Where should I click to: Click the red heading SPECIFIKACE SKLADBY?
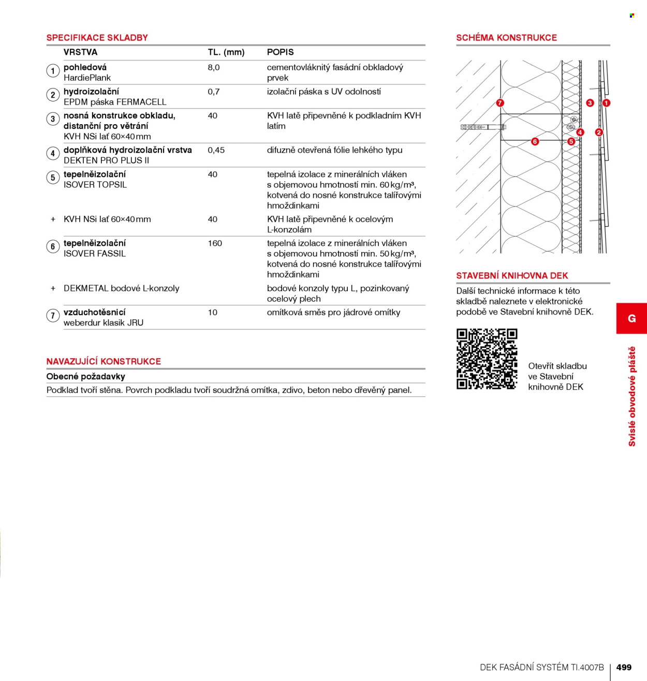[x=97, y=38]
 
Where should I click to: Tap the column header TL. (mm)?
[x=226, y=52]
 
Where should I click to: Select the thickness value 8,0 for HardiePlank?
[x=213, y=68]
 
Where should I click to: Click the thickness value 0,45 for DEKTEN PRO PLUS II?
[x=216, y=151]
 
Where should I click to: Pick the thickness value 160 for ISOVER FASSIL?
[x=215, y=243]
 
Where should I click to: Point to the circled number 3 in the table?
[x=53, y=119]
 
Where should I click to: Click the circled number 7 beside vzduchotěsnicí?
[x=53, y=316]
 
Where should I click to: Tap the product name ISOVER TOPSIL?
[x=95, y=185]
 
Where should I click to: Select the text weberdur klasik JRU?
[x=104, y=323]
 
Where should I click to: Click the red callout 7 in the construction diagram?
[x=499, y=103]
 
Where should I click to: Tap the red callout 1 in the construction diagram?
[x=606, y=103]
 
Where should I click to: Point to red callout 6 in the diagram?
[x=535, y=141]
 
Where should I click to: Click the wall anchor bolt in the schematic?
[x=483, y=127]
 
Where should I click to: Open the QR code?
[x=487, y=359]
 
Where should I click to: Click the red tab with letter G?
[x=631, y=318]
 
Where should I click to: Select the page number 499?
[x=624, y=667]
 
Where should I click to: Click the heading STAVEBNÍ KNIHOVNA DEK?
[x=512, y=276]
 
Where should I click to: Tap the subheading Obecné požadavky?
[x=85, y=377]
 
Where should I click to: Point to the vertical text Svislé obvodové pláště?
[x=632, y=396]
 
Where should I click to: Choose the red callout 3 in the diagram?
[x=590, y=103]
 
